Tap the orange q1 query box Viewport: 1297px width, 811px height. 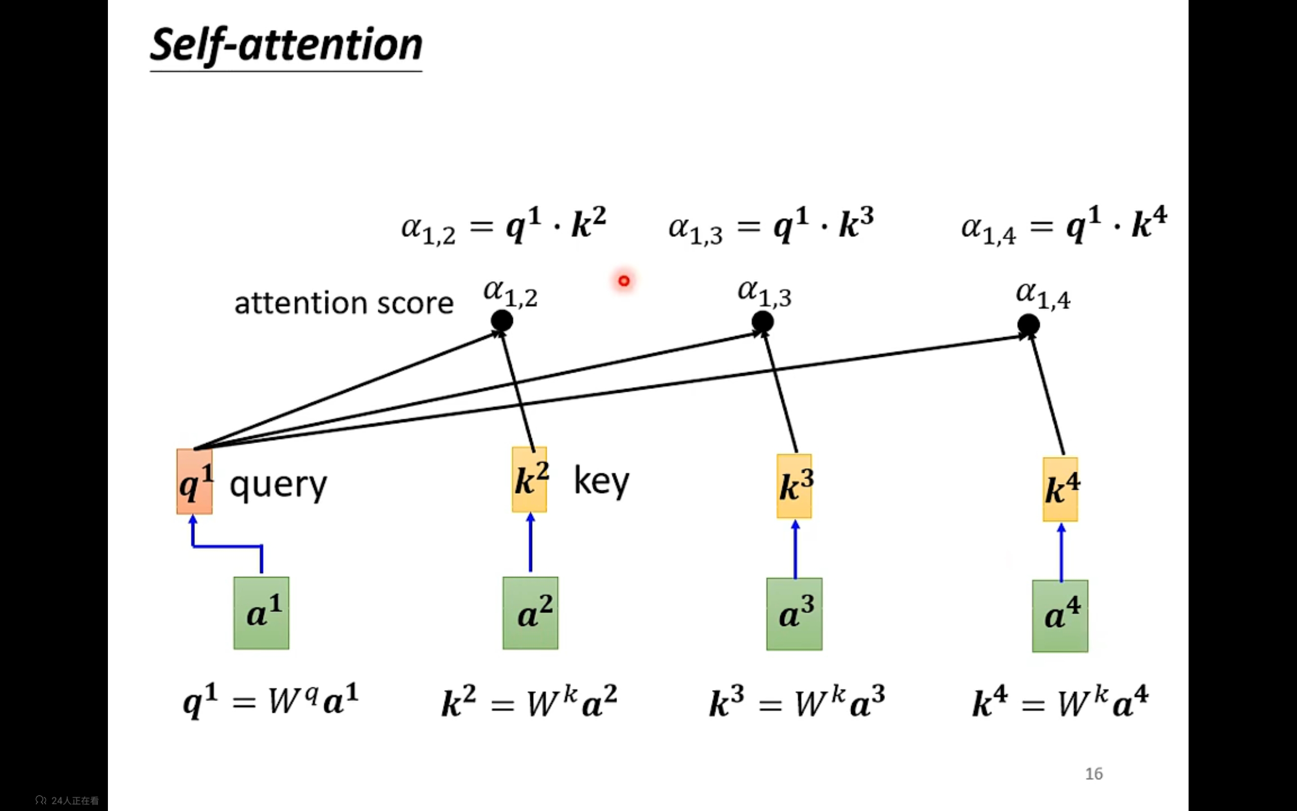pos(195,481)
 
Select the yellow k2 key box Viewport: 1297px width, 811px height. pos(529,479)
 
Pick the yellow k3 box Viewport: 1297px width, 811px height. pos(794,486)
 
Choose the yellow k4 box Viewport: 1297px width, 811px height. pos(1060,489)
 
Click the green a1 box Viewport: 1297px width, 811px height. pos(261,613)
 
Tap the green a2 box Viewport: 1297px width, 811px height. pos(530,613)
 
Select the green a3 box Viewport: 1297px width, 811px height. pos(794,614)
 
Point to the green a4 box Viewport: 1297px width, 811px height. pos(1060,616)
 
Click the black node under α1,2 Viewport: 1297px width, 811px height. pos(502,321)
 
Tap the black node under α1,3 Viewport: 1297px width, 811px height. pos(762,322)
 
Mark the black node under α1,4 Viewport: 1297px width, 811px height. pos(1028,325)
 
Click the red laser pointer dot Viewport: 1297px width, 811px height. pos(624,280)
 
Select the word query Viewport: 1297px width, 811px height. pos(278,486)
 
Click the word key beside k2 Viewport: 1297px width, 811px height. pos(601,481)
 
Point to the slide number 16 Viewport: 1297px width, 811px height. pos(1094,773)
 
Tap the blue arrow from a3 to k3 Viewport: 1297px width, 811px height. pos(795,549)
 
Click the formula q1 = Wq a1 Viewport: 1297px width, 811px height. pos(271,700)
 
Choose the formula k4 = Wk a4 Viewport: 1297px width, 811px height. pos(1060,701)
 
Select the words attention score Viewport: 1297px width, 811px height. pos(344,303)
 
